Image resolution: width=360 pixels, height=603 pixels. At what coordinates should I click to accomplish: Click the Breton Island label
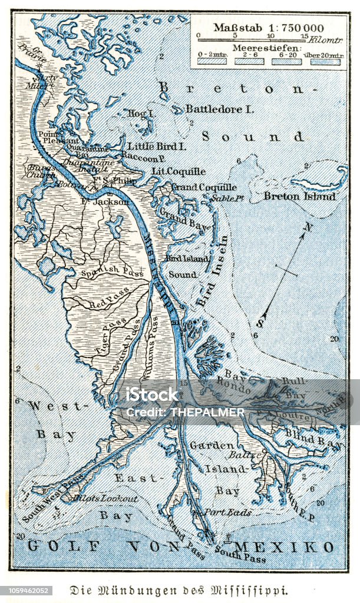[x=299, y=196]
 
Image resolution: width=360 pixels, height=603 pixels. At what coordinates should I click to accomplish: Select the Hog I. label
[x=140, y=113]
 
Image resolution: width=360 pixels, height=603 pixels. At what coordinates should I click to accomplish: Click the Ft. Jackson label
[x=105, y=201]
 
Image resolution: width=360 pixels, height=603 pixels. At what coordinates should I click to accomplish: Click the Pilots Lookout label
[x=105, y=498]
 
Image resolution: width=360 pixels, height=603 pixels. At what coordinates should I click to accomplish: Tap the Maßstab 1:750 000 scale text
[x=268, y=27]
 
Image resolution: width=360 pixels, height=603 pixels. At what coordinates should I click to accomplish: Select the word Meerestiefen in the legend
[x=269, y=47]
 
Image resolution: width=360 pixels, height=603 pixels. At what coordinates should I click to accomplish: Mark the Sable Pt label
[x=229, y=198]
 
